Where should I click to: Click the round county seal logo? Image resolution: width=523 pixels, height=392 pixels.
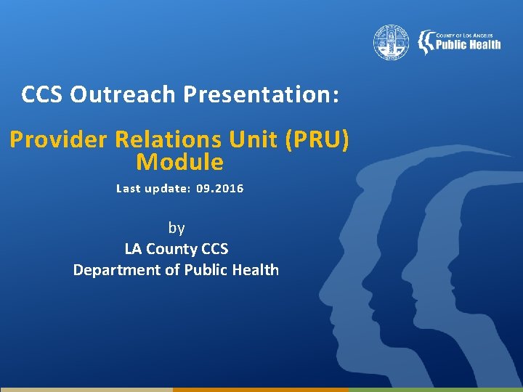[x=392, y=43]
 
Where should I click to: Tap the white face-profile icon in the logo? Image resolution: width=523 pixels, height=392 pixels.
[x=423, y=43]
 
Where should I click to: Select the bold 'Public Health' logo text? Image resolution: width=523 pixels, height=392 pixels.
[x=468, y=45]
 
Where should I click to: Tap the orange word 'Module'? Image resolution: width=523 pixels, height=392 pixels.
[x=179, y=162]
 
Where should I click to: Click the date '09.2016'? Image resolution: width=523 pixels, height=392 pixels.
[x=219, y=189]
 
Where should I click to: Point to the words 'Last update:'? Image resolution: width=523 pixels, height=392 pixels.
[x=153, y=189]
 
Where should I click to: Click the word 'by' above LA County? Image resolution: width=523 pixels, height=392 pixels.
[x=177, y=228]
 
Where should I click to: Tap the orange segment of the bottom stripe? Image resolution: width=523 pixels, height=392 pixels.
[x=261, y=389]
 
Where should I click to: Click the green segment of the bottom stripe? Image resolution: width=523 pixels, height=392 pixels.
[x=436, y=389]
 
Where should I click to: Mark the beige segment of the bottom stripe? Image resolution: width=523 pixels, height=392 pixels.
[x=86, y=389]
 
